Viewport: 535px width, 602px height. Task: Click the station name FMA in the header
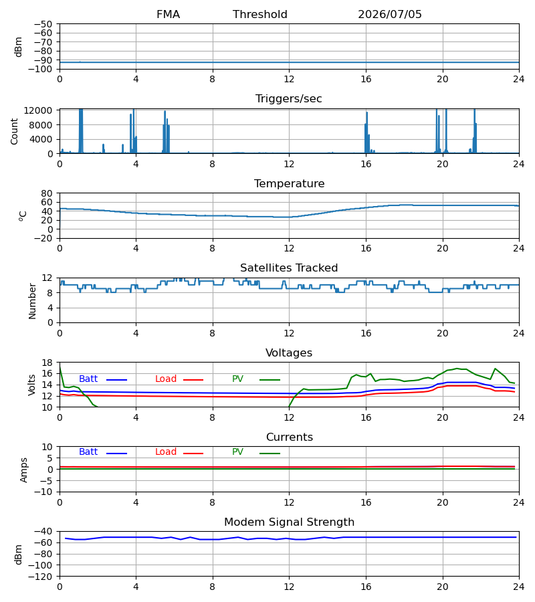tap(168, 15)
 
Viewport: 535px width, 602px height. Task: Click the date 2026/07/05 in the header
tap(389, 15)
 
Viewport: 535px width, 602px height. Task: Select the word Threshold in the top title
tap(260, 15)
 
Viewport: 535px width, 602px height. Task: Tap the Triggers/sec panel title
tap(289, 99)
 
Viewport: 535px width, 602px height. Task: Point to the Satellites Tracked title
tap(289, 268)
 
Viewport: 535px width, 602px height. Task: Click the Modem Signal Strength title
tap(289, 522)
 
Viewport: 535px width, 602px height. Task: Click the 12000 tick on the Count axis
tap(38, 110)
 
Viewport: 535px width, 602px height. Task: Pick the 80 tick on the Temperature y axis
tap(47, 193)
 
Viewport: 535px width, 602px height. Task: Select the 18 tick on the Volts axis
tap(47, 363)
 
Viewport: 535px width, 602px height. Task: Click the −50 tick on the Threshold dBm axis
tap(43, 24)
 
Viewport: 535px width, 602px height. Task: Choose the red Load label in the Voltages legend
tap(166, 379)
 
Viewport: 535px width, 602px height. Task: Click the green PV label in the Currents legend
tap(237, 452)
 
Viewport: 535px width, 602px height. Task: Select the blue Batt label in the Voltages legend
tap(88, 379)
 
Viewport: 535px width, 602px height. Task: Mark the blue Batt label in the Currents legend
tap(88, 452)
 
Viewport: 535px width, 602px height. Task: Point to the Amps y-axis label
tap(23, 470)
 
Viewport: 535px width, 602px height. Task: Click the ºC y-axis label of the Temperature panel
tap(22, 216)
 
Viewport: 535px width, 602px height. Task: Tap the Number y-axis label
tap(32, 301)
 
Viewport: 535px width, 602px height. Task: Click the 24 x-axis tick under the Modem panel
tap(519, 587)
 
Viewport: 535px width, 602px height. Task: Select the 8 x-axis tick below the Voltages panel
tap(212, 417)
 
